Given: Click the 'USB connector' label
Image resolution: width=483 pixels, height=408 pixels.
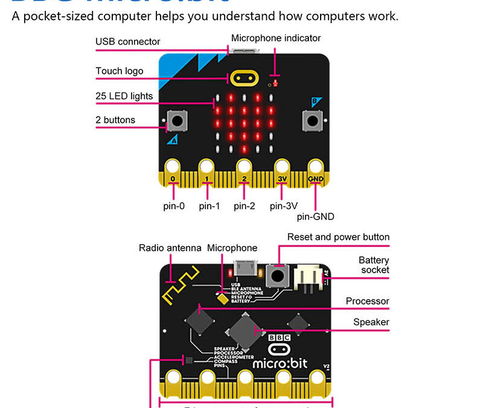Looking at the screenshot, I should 128,42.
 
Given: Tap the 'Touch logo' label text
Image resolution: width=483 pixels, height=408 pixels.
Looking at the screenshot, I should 120,71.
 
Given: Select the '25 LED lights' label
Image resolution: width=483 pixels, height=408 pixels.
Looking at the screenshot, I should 124,96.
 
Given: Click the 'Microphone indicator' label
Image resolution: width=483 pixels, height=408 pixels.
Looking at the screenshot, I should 276,38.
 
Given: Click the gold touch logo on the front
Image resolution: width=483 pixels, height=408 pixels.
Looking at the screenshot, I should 244,78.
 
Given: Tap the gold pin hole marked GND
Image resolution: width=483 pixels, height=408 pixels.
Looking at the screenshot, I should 315,166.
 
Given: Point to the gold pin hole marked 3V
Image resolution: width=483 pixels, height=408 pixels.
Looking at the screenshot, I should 281,166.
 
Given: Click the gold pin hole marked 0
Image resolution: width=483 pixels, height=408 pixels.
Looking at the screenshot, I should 173,166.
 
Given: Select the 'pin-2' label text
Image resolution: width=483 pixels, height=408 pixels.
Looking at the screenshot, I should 245,206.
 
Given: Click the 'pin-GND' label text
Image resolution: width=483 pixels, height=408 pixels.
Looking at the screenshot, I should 315,216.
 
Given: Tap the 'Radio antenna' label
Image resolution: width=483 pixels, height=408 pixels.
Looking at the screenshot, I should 170,248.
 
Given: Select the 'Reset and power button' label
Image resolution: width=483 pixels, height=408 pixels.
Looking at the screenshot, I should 338,237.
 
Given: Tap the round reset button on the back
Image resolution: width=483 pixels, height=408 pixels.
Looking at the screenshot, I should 278,276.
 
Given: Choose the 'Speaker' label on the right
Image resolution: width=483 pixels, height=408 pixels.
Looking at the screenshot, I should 371,322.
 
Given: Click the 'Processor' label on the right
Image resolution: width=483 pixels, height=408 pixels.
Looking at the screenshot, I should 367,301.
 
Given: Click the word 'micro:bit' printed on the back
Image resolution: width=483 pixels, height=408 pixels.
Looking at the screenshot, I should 280,364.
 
